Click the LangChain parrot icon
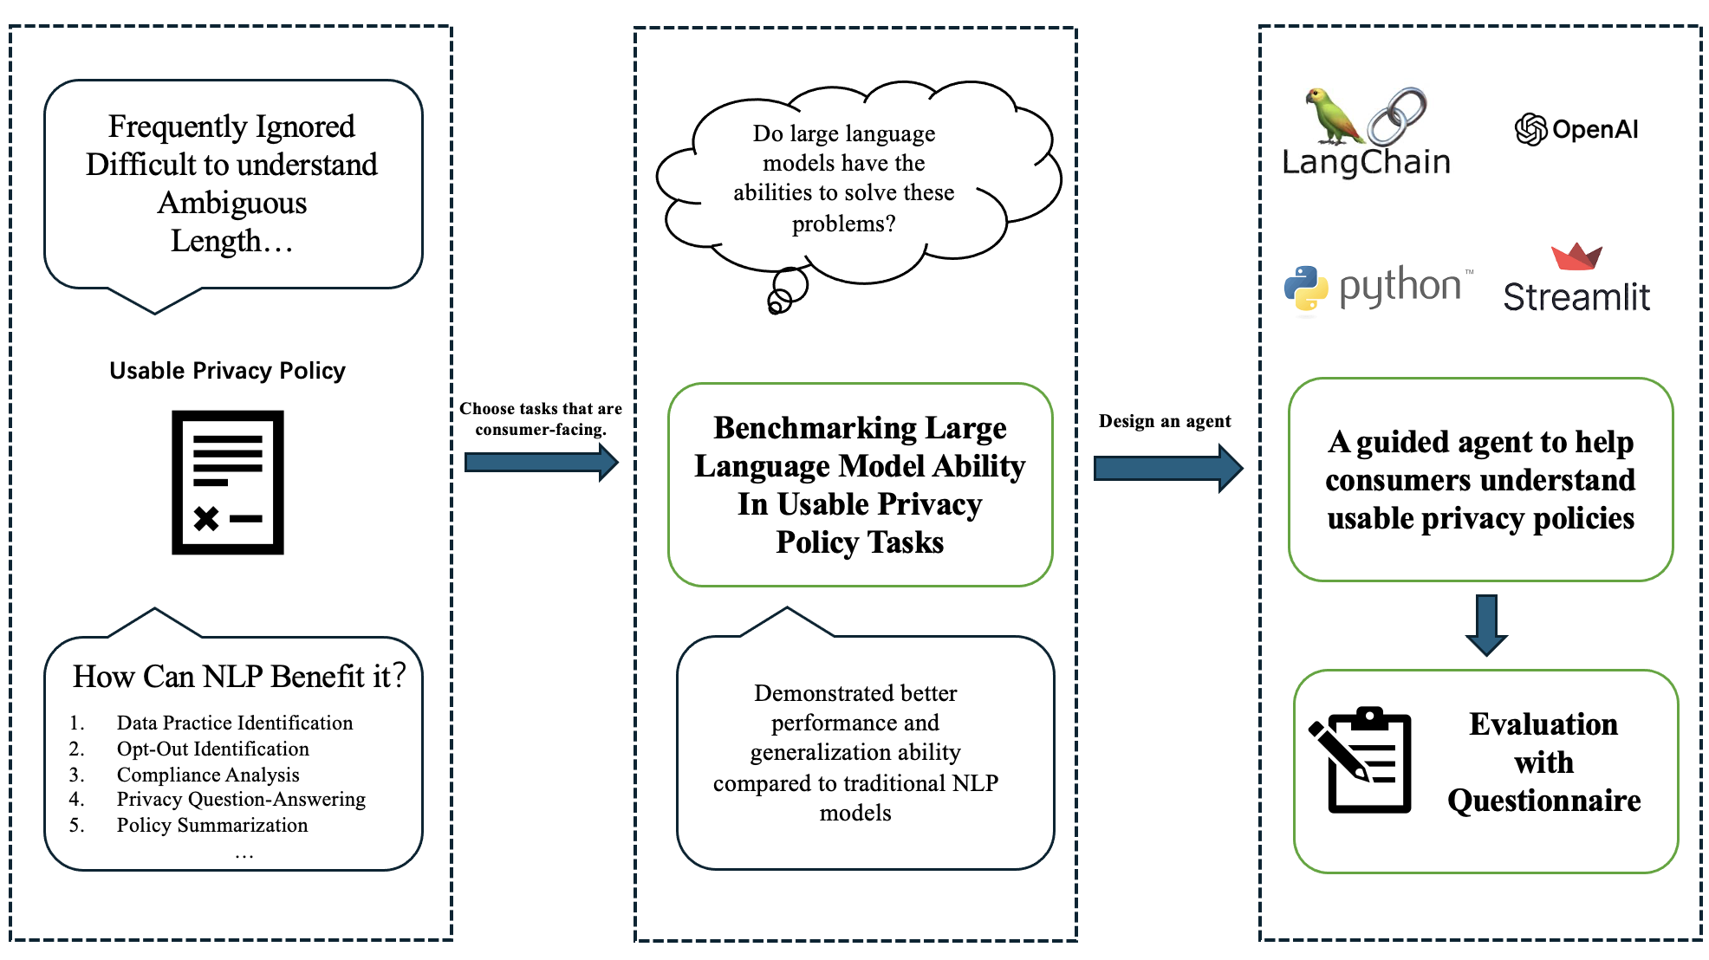coord(1335,116)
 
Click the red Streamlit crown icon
coord(1576,256)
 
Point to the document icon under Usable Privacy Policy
coord(228,483)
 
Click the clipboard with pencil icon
coord(1360,760)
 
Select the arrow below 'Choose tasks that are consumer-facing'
coord(542,463)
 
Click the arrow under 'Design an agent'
coord(1168,469)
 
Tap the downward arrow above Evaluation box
coord(1487,625)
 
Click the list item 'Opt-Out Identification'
coord(213,749)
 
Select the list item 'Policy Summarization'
coord(212,825)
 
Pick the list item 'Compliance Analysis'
coord(208,775)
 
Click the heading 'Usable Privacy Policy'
coord(227,371)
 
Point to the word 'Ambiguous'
coord(232,203)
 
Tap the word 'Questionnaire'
coord(1544,801)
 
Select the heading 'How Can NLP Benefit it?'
coord(239,677)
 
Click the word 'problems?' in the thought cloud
coord(844,224)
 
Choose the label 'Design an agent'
coord(1165,421)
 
